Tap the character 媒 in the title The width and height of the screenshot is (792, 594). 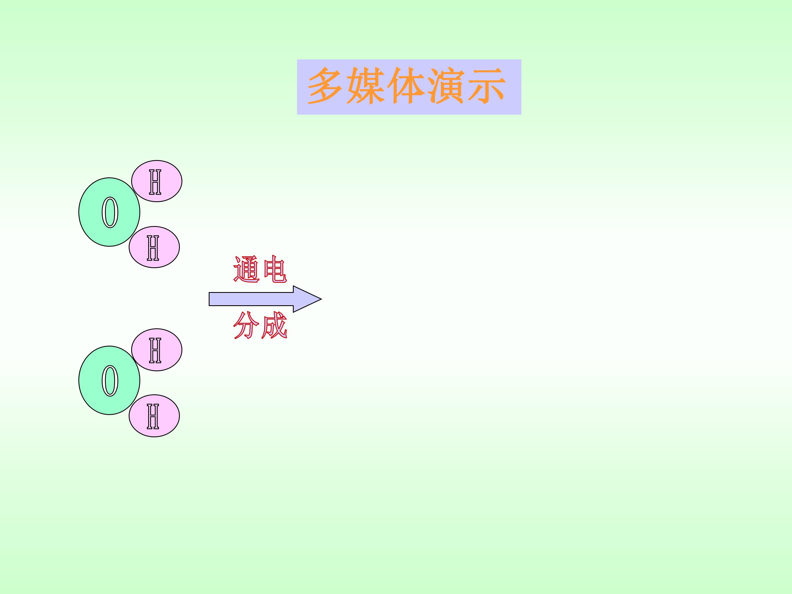pos(365,86)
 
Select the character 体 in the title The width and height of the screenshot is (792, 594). pos(406,86)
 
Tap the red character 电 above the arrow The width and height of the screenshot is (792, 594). pos(275,269)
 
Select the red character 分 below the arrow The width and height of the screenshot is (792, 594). pos(246,325)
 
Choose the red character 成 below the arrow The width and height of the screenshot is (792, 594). pos(274,325)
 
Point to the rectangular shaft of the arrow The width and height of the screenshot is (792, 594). pos(251,299)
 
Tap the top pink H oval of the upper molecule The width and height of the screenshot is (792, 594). pos(157,181)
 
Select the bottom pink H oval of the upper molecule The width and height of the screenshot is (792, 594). pos(154,247)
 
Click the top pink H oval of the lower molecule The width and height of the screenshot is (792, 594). pos(157,350)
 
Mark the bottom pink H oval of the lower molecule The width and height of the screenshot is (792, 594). pos(154,416)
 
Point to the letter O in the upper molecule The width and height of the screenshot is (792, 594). pos(110,212)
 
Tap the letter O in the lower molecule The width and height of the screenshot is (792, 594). pos(110,381)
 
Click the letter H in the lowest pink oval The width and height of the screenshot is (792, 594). pos(153,416)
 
